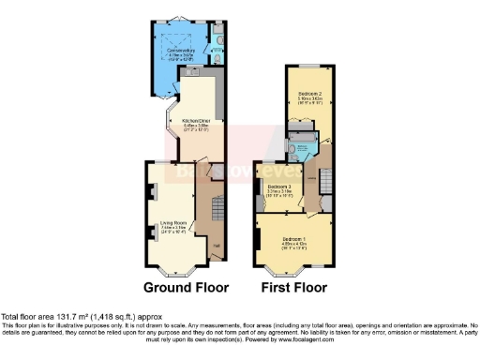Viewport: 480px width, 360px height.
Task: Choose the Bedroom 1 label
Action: click(x=293, y=240)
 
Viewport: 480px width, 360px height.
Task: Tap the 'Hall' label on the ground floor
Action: click(x=216, y=246)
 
